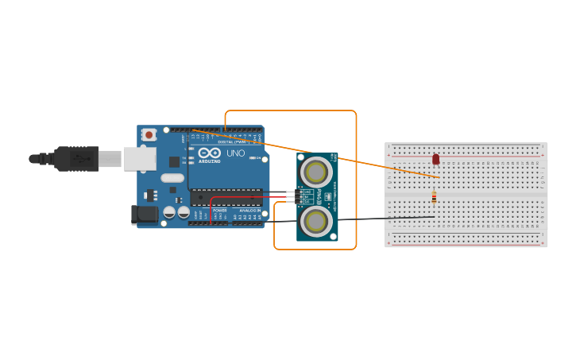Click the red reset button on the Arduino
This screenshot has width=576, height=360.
click(x=149, y=135)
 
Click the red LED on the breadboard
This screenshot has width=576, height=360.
click(x=435, y=159)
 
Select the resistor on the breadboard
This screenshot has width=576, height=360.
click(x=434, y=197)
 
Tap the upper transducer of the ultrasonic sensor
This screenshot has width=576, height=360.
click(x=315, y=172)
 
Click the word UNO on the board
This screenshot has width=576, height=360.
click(x=236, y=153)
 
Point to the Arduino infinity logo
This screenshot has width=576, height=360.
click(x=210, y=153)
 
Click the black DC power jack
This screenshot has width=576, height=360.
click(x=144, y=214)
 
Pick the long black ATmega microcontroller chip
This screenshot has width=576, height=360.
click(x=226, y=197)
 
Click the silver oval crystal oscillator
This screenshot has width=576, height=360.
click(x=172, y=178)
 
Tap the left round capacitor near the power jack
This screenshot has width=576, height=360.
click(x=169, y=213)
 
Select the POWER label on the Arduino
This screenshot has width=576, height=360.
click(x=219, y=211)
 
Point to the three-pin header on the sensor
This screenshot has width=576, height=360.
click(x=300, y=196)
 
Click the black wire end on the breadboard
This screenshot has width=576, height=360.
click(x=433, y=216)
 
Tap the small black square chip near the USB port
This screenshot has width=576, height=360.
click(x=174, y=161)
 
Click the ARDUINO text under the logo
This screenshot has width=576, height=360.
click(x=210, y=161)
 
